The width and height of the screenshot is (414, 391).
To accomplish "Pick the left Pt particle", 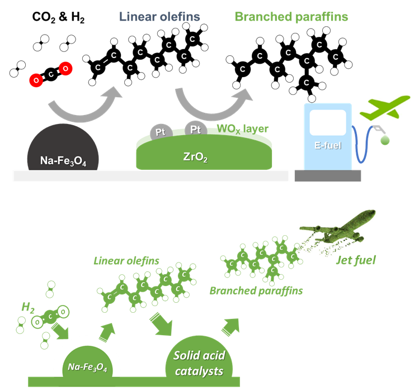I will tap(161, 132).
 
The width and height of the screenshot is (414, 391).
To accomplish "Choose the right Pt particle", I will tap(196, 129).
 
